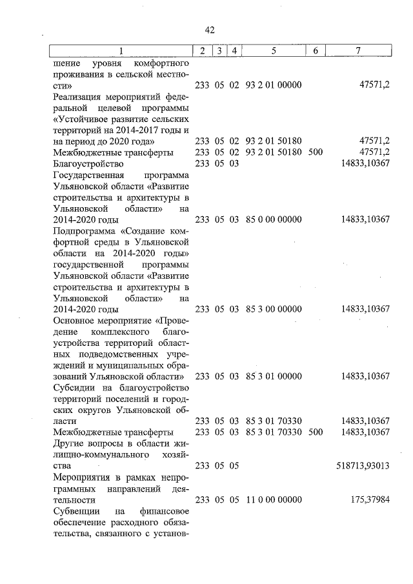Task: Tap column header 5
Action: pyautogui.click(x=274, y=50)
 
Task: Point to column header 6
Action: pyautogui.click(x=316, y=50)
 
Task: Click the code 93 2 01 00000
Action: pyautogui.click(x=274, y=85)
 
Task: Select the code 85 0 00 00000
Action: pyautogui.click(x=274, y=219)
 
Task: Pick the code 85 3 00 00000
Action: pyautogui.click(x=274, y=309)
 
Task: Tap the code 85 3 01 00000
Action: pyautogui.click(x=274, y=376)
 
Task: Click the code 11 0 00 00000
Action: pyautogui.click(x=274, y=500)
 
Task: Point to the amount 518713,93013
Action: pyautogui.click(x=363, y=465)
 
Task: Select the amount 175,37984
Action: pyautogui.click(x=370, y=500)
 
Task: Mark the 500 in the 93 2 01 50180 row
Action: pyautogui.click(x=316, y=152)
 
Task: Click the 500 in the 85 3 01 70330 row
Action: pyautogui.click(x=316, y=432)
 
